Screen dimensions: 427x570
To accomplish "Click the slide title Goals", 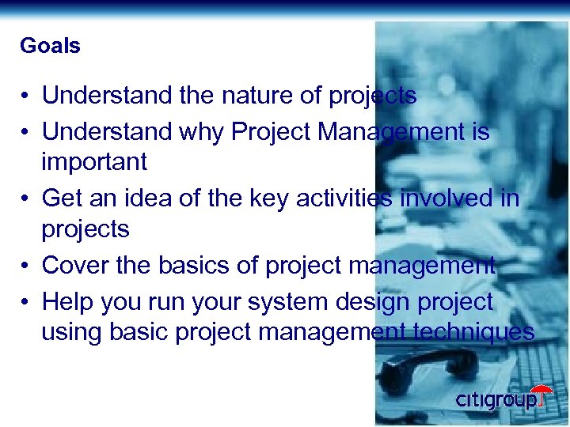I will (x=50, y=46).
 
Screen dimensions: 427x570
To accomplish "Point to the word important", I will (x=94, y=162).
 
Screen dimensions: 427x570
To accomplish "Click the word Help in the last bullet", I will (x=66, y=301).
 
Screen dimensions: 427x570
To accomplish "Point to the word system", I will (x=277, y=301).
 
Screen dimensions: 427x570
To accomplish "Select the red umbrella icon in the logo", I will (x=541, y=393).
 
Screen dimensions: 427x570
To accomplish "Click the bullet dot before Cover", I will (x=26, y=266).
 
